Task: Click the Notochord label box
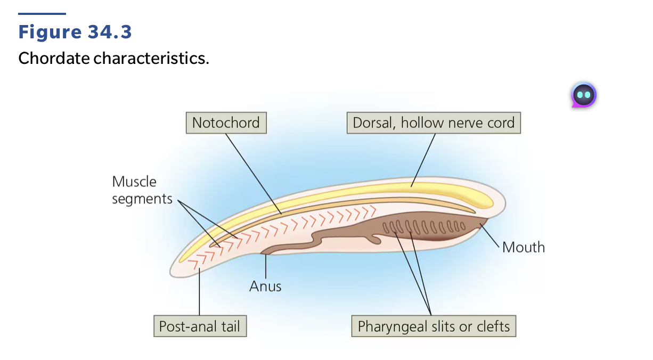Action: point(226,123)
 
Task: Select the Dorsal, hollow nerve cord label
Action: point(434,123)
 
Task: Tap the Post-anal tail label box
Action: point(200,326)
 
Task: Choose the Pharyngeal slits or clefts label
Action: point(434,326)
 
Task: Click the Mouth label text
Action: point(524,247)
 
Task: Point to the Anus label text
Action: point(265,287)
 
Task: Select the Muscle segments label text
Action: point(142,190)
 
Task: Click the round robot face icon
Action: point(584,95)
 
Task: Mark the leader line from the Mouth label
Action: point(491,236)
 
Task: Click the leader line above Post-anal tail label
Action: point(200,293)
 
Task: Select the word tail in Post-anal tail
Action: point(230,326)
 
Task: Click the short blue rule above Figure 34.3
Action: point(42,14)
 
